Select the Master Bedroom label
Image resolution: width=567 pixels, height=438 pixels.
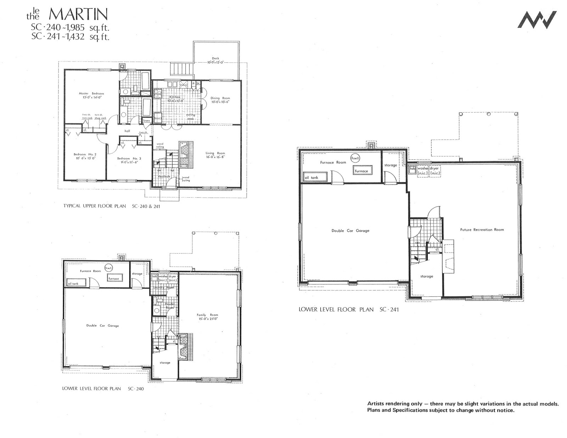coord(91,95)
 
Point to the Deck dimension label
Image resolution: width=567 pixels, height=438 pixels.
coord(216,61)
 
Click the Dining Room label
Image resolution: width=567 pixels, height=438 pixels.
coord(220,100)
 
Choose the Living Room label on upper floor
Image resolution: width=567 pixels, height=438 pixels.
coord(215,155)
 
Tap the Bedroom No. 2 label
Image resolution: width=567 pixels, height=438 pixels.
coord(85,156)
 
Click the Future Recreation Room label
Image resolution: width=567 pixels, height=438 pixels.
coord(482,230)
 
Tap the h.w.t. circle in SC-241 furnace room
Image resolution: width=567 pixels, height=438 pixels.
coord(355,158)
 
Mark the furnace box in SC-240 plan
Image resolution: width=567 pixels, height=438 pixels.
coord(114,278)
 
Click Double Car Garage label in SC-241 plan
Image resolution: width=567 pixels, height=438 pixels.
coord(350,231)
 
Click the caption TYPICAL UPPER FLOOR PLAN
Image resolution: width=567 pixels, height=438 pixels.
coord(95,206)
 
